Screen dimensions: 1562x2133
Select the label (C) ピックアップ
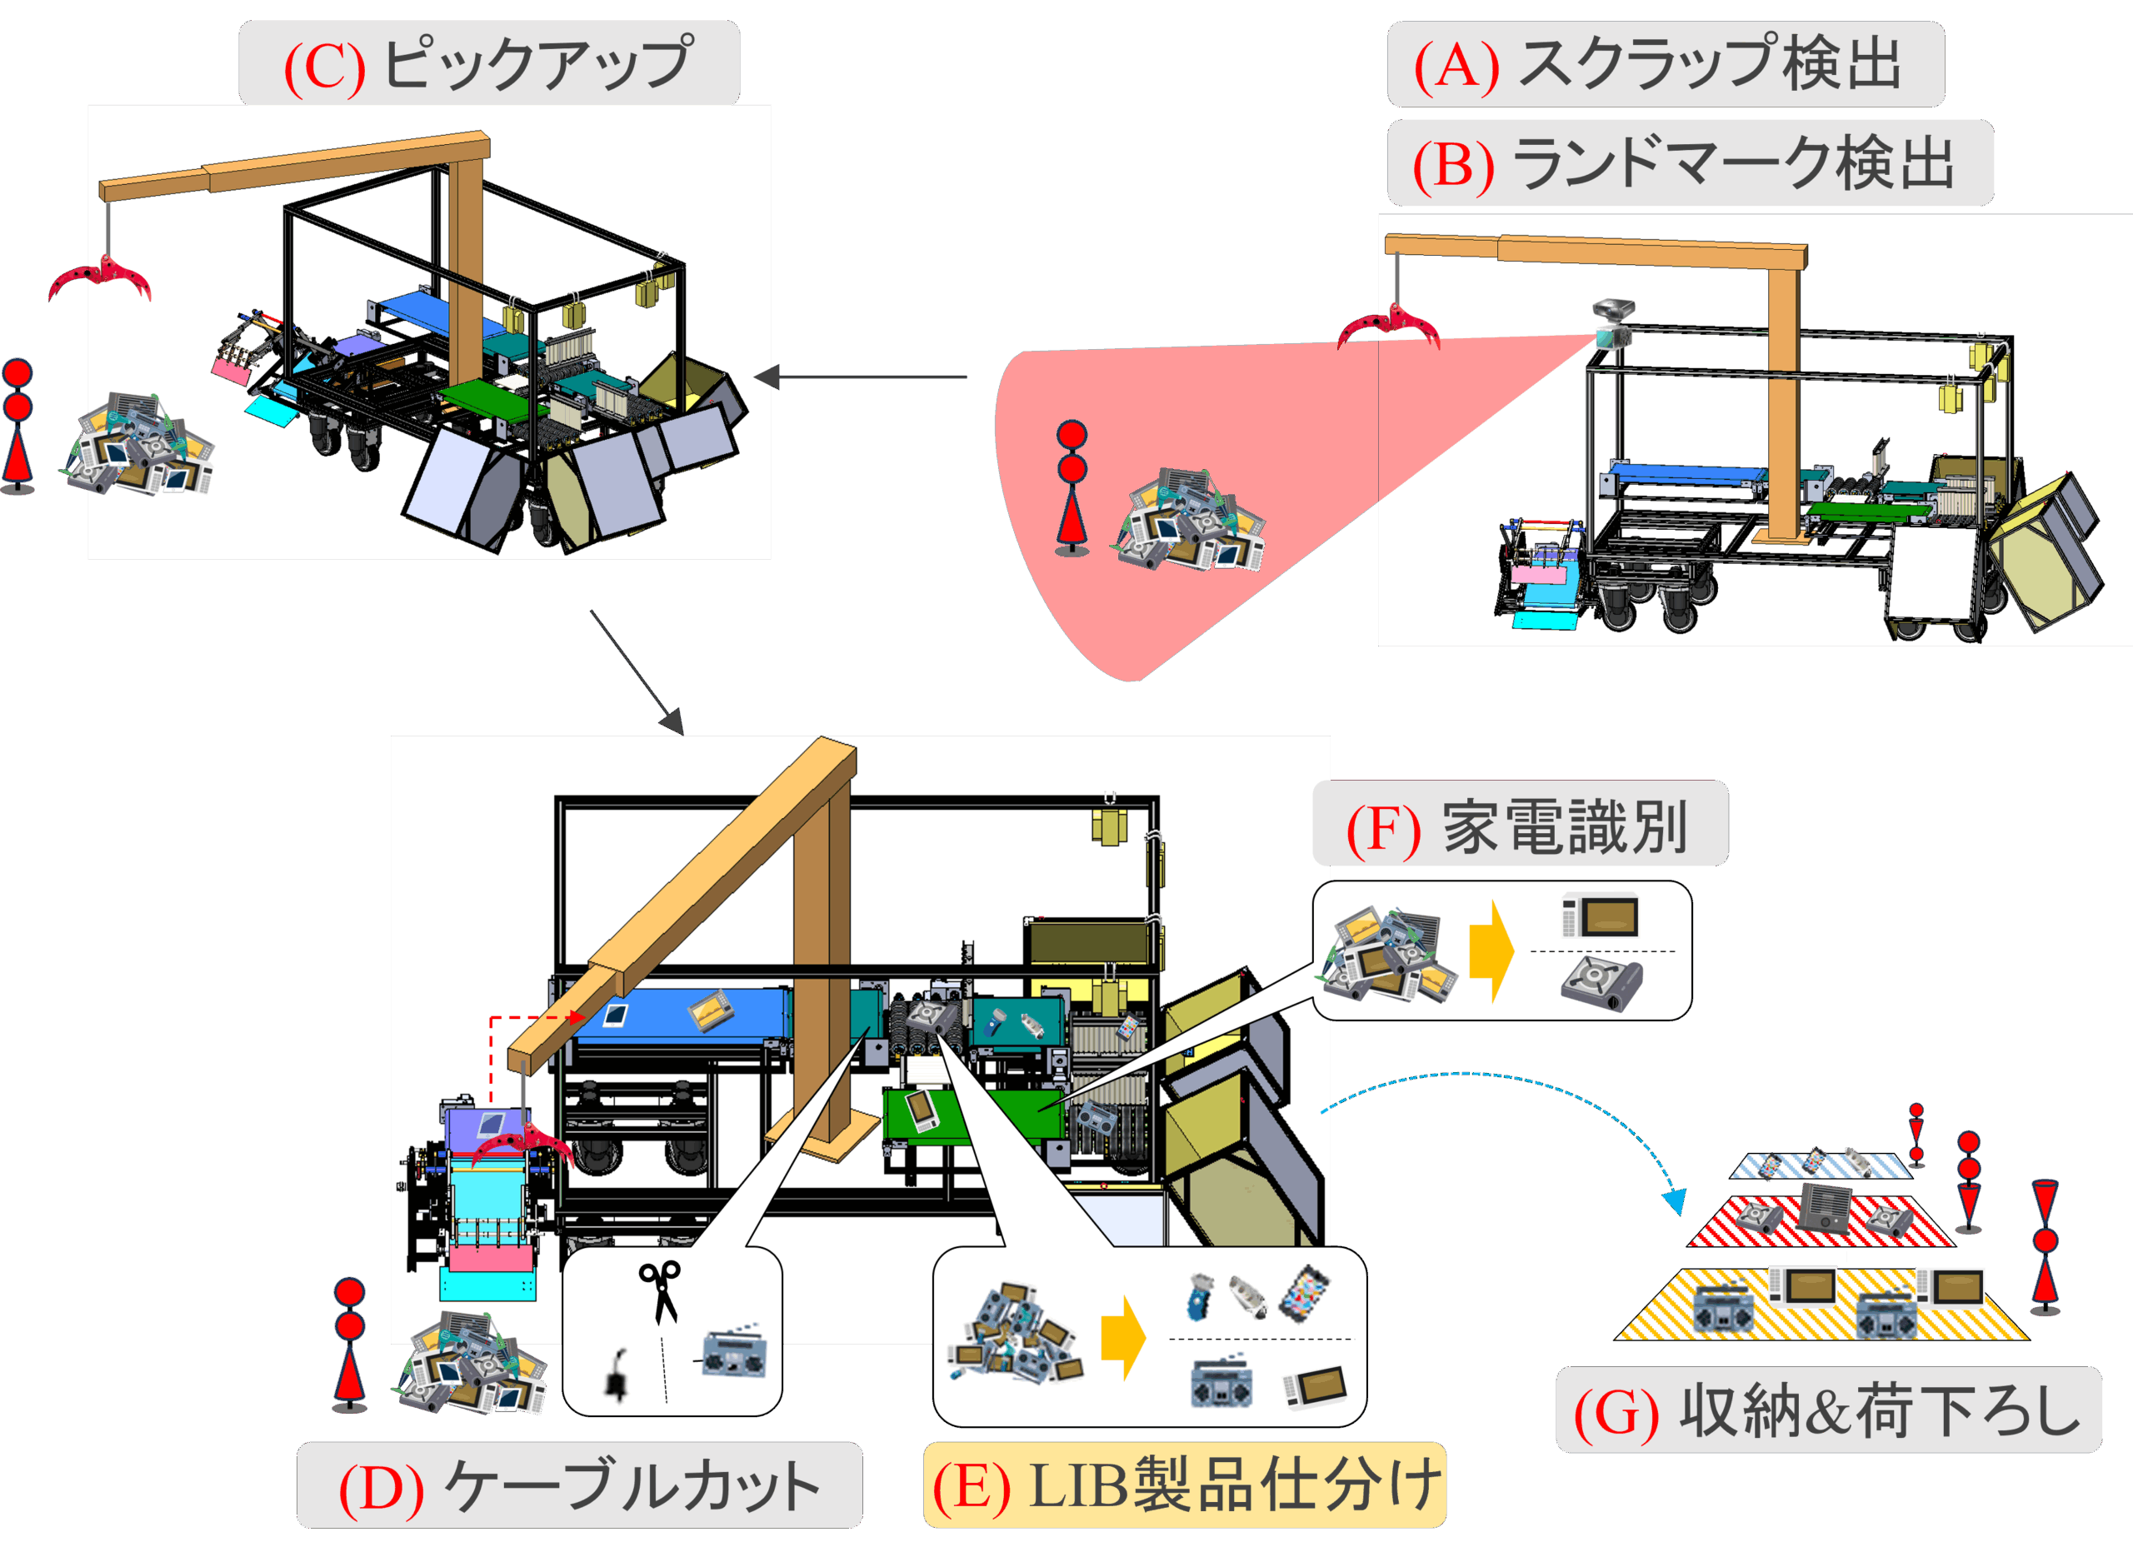[489, 62]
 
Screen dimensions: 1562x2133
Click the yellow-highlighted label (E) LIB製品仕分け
[1185, 1485]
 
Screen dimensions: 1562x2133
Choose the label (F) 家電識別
[1520, 825]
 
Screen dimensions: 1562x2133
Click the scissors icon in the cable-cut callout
[660, 1291]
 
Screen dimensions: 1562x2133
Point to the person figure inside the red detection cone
[1071, 487]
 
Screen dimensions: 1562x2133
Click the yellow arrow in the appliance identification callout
[1492, 951]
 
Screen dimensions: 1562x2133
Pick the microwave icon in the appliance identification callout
[1600, 915]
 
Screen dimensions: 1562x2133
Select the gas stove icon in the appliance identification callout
[1601, 983]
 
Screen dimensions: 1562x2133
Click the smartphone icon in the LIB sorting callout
[1305, 1294]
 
